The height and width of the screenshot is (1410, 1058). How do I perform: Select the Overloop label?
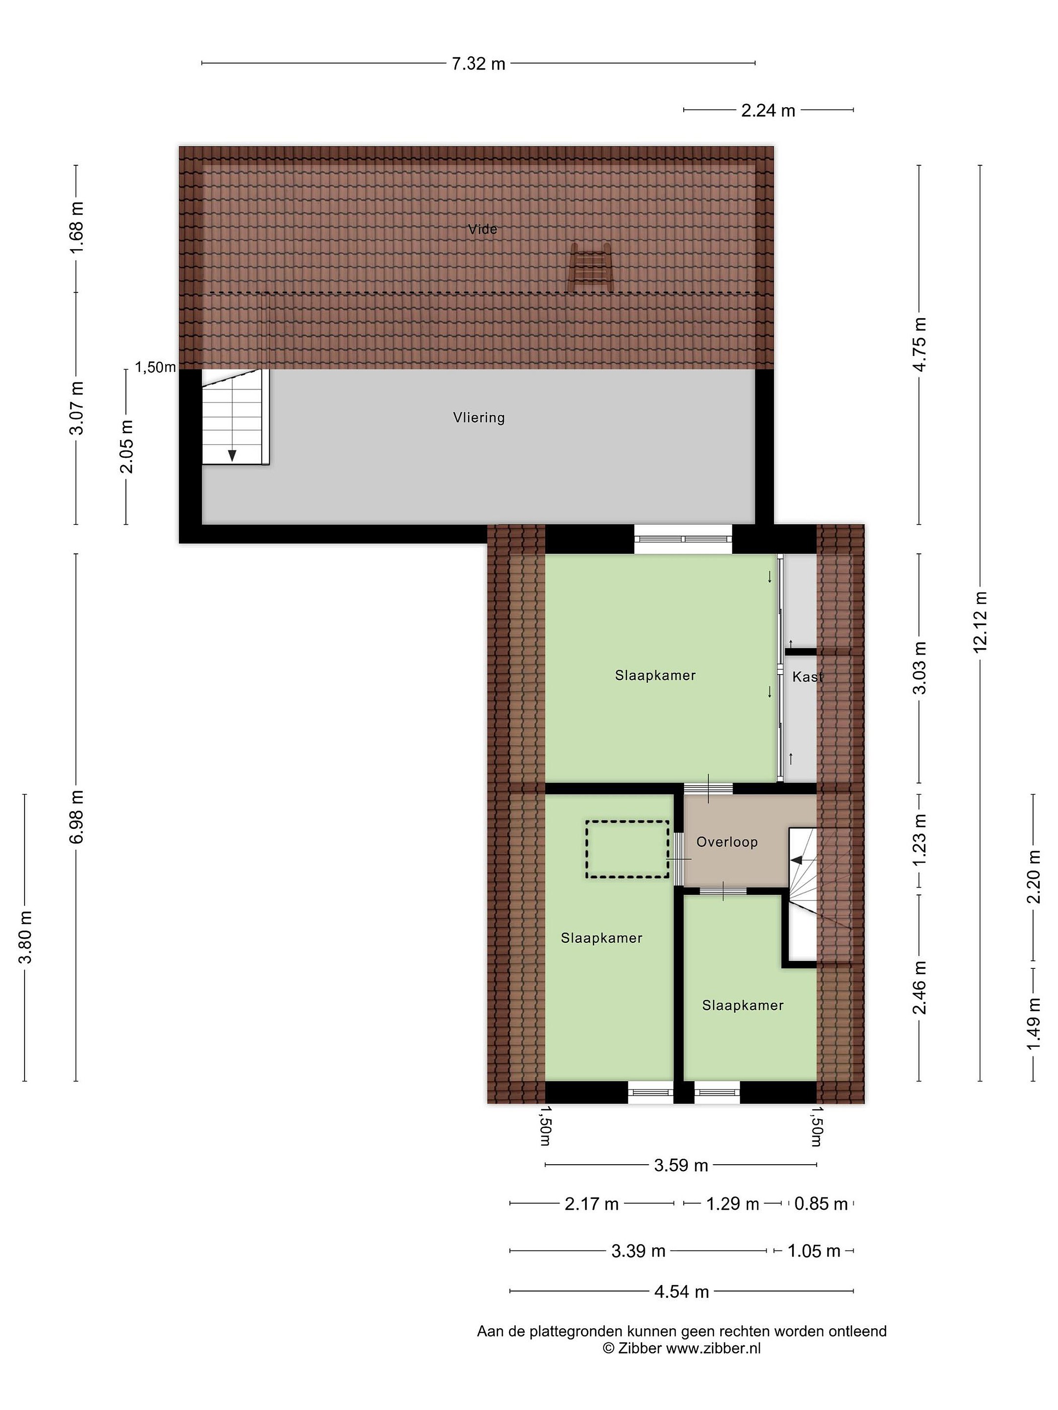click(x=726, y=842)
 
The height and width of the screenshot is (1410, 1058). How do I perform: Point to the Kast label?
click(x=807, y=677)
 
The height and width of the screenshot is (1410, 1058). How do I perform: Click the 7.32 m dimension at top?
click(x=478, y=64)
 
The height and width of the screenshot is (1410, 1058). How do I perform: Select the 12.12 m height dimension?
click(x=980, y=621)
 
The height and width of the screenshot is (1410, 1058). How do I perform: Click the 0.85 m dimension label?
click(x=821, y=1203)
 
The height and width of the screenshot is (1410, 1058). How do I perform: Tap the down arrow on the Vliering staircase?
click(x=232, y=454)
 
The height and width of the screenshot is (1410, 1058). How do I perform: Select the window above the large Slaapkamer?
click(x=682, y=539)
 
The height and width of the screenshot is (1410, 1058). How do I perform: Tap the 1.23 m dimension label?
click(x=919, y=840)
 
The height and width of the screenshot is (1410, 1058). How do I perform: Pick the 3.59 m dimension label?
click(x=681, y=1165)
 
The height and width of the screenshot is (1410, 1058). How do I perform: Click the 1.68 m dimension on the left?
click(x=76, y=228)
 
